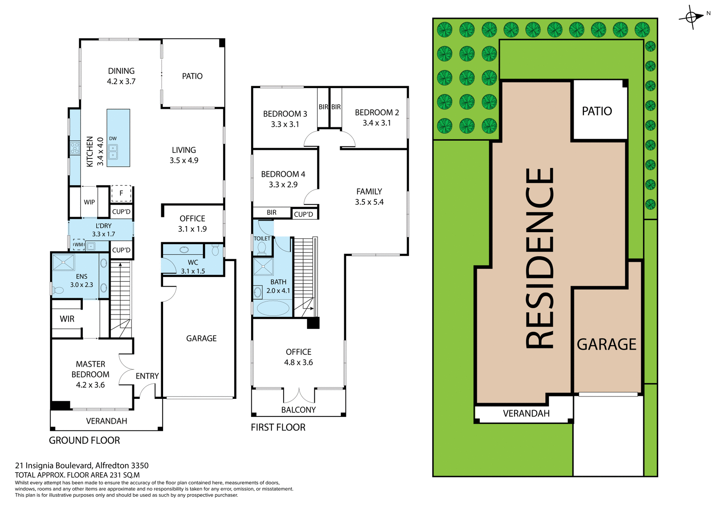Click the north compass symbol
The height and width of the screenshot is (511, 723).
(691, 17)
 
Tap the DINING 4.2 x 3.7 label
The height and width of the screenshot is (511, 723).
(121, 76)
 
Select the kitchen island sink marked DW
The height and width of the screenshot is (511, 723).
(113, 152)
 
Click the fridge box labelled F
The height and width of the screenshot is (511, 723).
(121, 193)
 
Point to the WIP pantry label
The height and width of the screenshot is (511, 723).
(89, 202)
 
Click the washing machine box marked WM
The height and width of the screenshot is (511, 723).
(79, 245)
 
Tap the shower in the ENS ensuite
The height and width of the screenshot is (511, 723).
(63, 262)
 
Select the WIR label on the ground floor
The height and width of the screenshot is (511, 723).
(67, 319)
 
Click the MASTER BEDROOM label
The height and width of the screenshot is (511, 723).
(90, 374)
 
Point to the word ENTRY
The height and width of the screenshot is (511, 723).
(147, 376)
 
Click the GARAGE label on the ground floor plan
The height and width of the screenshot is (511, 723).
(201, 338)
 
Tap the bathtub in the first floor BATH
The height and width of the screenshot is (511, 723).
(273, 308)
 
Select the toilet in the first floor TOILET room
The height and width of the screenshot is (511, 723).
(261, 248)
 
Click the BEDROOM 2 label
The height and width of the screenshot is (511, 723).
(377, 117)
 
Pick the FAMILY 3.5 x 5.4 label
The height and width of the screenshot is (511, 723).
(369, 196)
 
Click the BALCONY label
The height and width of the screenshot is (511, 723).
(298, 410)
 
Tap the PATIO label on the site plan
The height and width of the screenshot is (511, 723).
(597, 111)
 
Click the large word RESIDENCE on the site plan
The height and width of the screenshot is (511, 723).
(540, 258)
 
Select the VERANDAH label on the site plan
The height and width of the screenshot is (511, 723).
(526, 414)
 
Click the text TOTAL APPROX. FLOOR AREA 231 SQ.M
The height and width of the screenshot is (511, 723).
(77, 475)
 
